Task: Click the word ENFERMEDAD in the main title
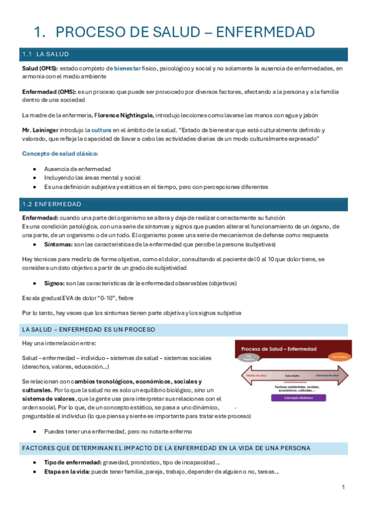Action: click(265, 32)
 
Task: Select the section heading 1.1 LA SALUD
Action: click(46, 55)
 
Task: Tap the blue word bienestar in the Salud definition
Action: click(127, 68)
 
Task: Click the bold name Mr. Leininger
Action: click(42, 130)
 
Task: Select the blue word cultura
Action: click(101, 130)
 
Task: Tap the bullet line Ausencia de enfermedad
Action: click(77, 169)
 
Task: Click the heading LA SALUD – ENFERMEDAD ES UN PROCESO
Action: click(88, 329)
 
